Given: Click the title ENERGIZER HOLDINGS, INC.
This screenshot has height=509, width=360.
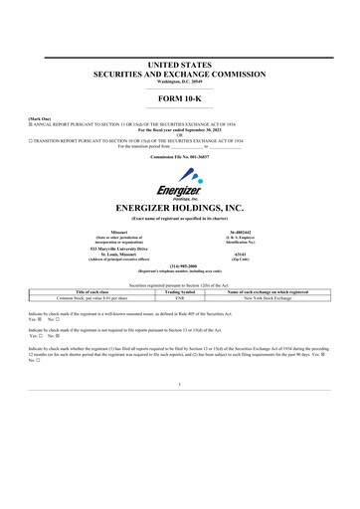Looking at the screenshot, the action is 179,208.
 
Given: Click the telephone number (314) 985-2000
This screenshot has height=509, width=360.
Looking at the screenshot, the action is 179,265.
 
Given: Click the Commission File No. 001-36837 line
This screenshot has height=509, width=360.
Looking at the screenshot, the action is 179,157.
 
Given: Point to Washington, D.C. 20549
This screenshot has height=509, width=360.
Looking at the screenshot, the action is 179,81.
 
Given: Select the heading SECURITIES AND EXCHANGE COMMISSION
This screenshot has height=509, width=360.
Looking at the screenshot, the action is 179,74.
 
